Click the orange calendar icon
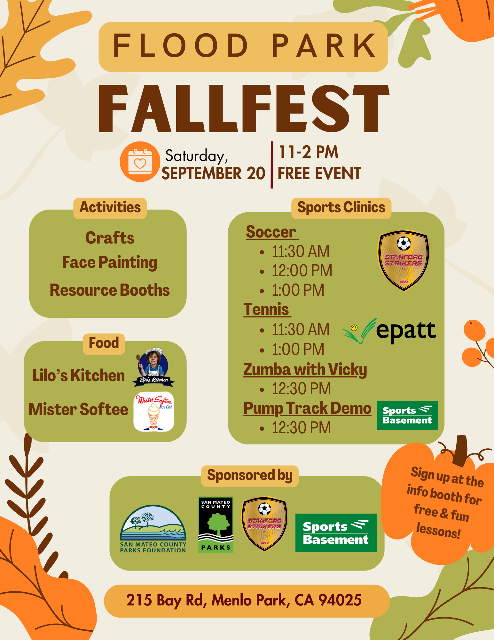[x=140, y=162]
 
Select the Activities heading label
[x=110, y=208]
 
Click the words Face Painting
[x=110, y=262]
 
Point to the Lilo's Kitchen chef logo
[x=153, y=367]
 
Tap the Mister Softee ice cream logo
[x=154, y=412]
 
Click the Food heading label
[x=104, y=343]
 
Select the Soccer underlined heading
[x=271, y=232]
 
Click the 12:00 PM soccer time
[x=302, y=271]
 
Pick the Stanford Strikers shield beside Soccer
[x=404, y=260]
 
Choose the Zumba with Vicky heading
[x=305, y=370]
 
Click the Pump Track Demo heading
[x=307, y=409]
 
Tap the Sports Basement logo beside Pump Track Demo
[x=407, y=415]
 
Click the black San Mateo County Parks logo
[x=216, y=524]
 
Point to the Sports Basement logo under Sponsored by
[x=336, y=533]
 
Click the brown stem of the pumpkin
[x=461, y=450]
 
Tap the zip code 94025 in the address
[x=340, y=600]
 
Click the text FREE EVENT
[x=319, y=174]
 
